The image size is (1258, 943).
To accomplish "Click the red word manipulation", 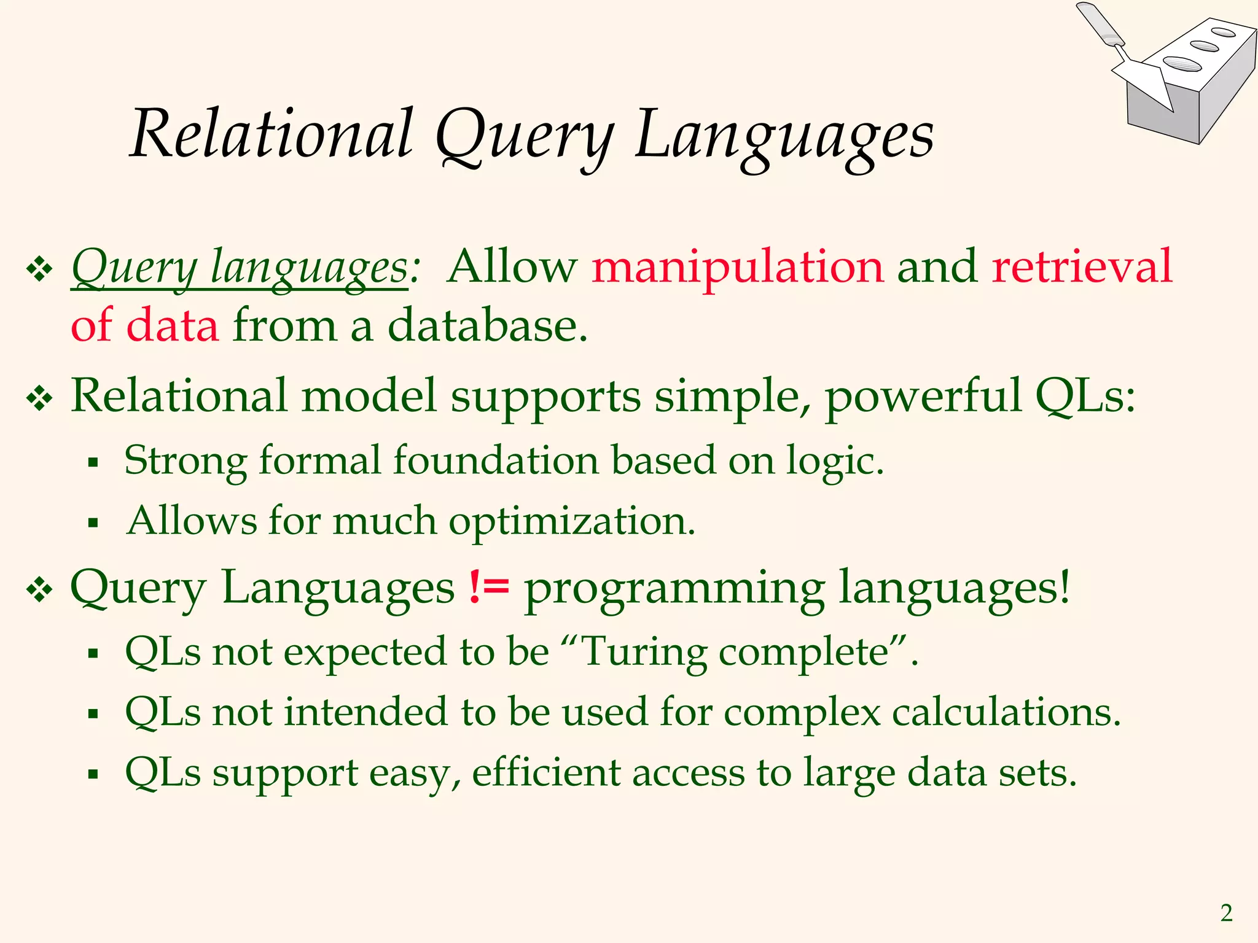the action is [737, 267].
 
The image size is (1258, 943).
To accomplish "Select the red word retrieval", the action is [1082, 267].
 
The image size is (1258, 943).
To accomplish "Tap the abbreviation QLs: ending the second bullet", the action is [1085, 396].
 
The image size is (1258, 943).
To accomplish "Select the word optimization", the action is [571, 522].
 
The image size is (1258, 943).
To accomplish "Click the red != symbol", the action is [489, 586].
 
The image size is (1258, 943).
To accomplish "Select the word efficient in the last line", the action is [547, 772].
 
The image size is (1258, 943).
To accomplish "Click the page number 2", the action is [1226, 914].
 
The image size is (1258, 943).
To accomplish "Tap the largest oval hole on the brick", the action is [1182, 63].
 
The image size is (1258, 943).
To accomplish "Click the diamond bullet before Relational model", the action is [39, 400].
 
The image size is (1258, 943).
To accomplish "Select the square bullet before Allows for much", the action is [93, 523].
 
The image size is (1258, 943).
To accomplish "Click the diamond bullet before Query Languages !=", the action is [39, 591].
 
